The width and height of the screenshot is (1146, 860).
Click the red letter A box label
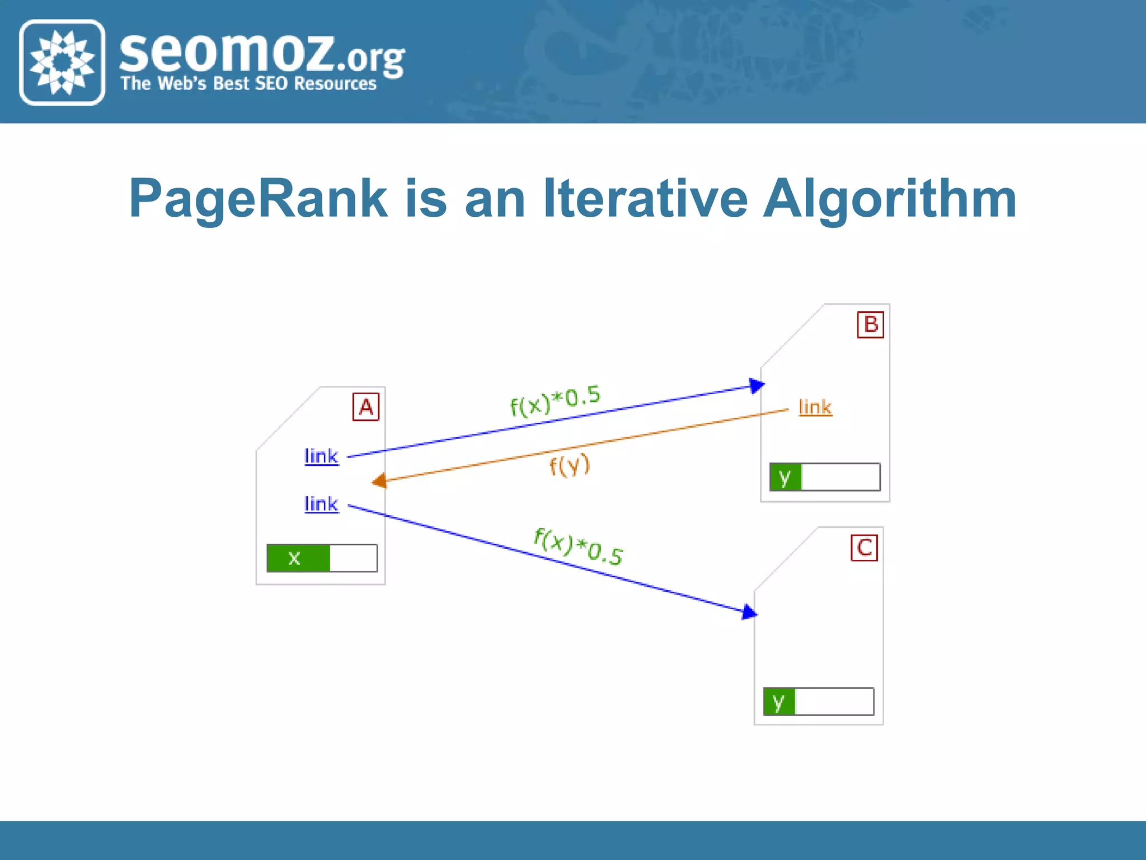tap(365, 406)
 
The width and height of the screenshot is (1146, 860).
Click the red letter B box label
tap(870, 325)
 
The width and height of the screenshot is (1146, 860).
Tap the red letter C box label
tap(864, 548)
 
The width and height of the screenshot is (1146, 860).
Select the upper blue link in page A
tap(321, 456)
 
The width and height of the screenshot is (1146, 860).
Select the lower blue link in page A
tap(321, 504)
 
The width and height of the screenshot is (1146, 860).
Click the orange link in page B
tap(815, 407)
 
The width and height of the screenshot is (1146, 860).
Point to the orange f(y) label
tap(569, 465)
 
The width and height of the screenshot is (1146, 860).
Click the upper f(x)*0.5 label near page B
tap(555, 400)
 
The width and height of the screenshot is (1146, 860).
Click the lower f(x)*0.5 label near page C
tap(578, 546)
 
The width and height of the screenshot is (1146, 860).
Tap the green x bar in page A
tap(298, 558)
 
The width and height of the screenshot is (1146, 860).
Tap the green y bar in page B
tap(786, 477)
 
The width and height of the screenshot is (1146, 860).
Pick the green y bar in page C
tap(779, 701)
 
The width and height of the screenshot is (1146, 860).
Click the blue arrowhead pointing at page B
tap(757, 385)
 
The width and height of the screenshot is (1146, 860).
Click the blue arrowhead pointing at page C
tap(749, 612)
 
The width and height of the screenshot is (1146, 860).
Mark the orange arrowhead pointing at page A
tap(380, 480)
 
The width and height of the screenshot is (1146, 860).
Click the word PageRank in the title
tap(258, 199)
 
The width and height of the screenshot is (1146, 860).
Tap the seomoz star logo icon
tap(62, 62)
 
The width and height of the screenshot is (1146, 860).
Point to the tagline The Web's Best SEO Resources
tap(248, 83)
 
